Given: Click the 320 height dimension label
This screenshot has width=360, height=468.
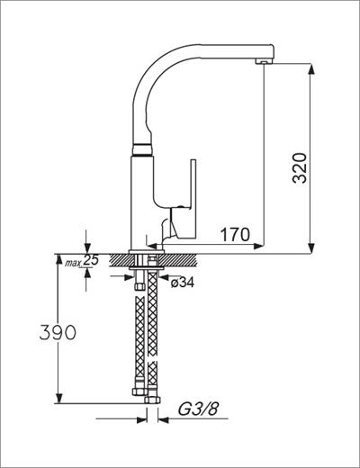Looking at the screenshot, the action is click(300, 168).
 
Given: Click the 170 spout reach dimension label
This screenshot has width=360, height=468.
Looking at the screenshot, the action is click(235, 234).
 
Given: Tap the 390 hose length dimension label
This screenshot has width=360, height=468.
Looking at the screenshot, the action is click(58, 332).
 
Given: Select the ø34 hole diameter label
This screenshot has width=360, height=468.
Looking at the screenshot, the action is click(183, 283).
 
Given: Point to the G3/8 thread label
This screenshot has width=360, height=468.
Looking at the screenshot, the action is click(198, 409).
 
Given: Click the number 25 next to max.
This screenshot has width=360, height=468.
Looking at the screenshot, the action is click(91, 260).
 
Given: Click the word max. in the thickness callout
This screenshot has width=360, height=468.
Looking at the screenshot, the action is click(73, 264).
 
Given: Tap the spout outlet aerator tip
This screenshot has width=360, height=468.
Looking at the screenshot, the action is click(264, 61).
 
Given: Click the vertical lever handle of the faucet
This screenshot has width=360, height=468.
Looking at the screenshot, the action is click(193, 198).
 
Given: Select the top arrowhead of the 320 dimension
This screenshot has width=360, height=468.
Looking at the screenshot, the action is click(311, 69).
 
